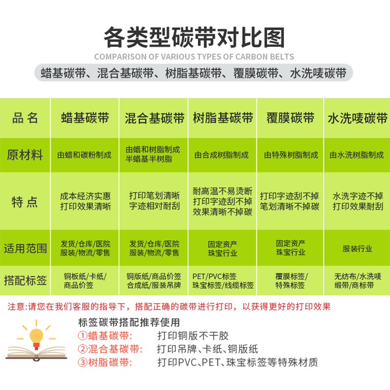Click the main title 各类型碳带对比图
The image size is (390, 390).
tap(194, 37)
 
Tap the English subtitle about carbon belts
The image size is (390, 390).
tap(194, 57)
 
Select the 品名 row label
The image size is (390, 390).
tap(25, 118)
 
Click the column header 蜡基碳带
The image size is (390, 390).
tap(85, 118)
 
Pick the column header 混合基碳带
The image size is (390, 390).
tap(155, 118)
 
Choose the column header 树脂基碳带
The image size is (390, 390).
tap(223, 118)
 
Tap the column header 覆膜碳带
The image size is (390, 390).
tap(291, 118)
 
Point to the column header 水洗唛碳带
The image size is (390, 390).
tap(357, 118)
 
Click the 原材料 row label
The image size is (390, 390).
tap(25, 155)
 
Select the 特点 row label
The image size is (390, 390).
tap(25, 201)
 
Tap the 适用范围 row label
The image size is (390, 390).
tap(25, 248)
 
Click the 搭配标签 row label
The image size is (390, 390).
tap(25, 281)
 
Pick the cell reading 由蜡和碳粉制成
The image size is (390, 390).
tap(85, 155)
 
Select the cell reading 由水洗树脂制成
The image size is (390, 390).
tap(357, 155)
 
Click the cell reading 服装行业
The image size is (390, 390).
tap(357, 248)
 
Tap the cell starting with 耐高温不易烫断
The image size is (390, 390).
tap(223, 201)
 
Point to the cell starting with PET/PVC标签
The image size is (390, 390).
tap(223, 281)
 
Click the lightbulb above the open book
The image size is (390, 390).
tap(37, 336)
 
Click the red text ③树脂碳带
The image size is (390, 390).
tap(103, 363)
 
